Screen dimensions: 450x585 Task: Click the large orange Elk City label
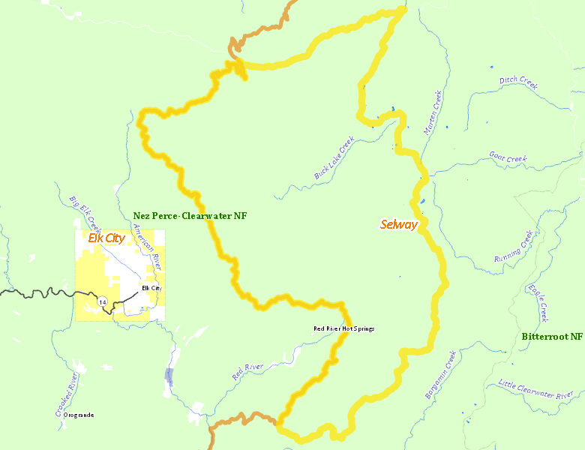coord(106,238)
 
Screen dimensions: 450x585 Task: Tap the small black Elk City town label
coord(151,288)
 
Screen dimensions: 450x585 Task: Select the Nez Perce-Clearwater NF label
coord(190,216)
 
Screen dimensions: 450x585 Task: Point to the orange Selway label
coord(398,224)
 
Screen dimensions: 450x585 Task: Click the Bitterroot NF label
coord(552,337)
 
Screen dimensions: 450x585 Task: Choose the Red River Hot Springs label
coord(343,328)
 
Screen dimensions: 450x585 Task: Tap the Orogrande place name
coord(79,415)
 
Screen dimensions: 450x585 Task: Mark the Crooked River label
coord(67,394)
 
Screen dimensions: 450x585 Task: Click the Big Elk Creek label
coord(84,213)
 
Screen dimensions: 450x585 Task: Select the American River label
coord(147,250)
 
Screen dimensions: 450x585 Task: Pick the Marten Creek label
coord(433,112)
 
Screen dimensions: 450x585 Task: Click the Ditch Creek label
coord(518,82)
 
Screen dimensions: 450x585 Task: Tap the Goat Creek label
coord(508,158)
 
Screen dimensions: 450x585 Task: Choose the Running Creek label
coord(514,247)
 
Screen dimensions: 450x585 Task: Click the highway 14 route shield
coord(102,301)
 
